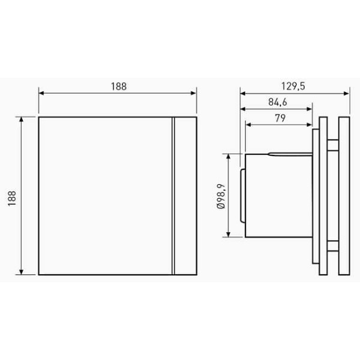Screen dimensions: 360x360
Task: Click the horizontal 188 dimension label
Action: point(119,86)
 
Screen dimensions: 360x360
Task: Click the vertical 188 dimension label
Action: point(12,198)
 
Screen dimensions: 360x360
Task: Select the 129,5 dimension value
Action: point(293,86)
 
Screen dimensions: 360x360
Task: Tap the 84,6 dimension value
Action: point(278,102)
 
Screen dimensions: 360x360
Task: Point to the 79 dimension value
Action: point(280,118)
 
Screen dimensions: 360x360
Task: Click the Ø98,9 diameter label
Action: point(221,196)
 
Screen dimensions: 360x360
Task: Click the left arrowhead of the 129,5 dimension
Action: point(243,94)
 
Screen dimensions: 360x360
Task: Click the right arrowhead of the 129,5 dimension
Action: point(346,94)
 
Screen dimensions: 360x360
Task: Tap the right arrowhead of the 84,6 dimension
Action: point(309,109)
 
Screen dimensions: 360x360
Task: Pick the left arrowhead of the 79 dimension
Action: point(248,125)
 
